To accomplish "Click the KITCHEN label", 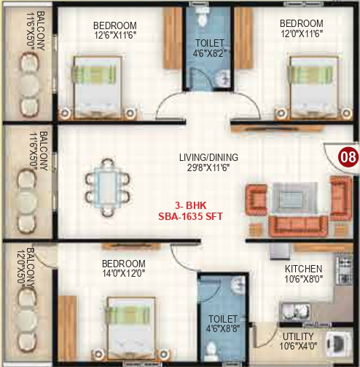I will click(x=303, y=268).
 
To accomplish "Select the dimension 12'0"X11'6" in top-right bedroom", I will click(x=301, y=34).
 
